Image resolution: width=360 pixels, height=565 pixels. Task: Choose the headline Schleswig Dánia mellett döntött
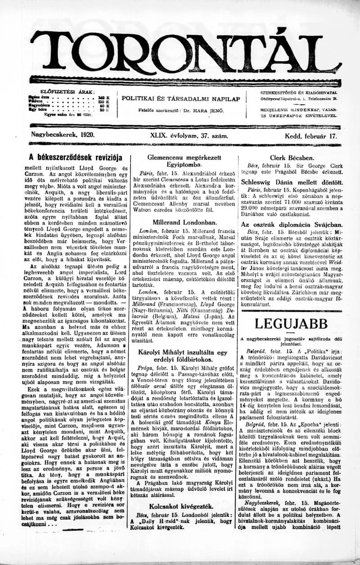click(x=292, y=183)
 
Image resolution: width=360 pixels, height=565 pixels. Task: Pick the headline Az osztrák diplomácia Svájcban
click(x=292, y=224)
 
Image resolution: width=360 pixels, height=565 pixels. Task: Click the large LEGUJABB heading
click(x=292, y=324)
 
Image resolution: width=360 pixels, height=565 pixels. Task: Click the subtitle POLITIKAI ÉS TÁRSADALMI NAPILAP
click(x=181, y=98)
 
